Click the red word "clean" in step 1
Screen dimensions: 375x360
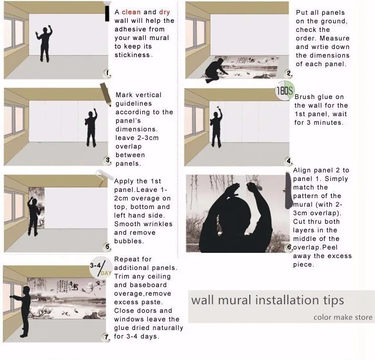click(x=131, y=12)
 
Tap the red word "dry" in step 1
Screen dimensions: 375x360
click(x=165, y=12)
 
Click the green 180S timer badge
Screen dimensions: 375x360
click(x=285, y=90)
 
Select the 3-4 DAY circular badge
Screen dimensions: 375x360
click(x=101, y=268)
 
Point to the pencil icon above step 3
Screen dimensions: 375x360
click(x=106, y=95)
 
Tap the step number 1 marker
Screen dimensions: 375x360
click(x=108, y=73)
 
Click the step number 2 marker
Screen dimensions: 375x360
click(x=289, y=73)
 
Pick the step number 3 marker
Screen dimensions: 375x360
click(x=109, y=160)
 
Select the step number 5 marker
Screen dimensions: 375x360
click(x=108, y=247)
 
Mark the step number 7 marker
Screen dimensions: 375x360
click(x=107, y=337)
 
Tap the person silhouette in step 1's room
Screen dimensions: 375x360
click(x=44, y=43)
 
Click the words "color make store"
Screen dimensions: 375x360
click(x=343, y=318)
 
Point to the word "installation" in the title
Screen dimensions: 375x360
click(x=287, y=300)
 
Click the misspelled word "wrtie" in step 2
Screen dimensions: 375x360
click(x=322, y=47)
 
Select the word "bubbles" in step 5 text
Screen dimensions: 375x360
click(x=129, y=241)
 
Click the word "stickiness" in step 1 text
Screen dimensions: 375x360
click(x=132, y=55)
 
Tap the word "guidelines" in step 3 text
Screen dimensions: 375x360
click(x=134, y=104)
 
